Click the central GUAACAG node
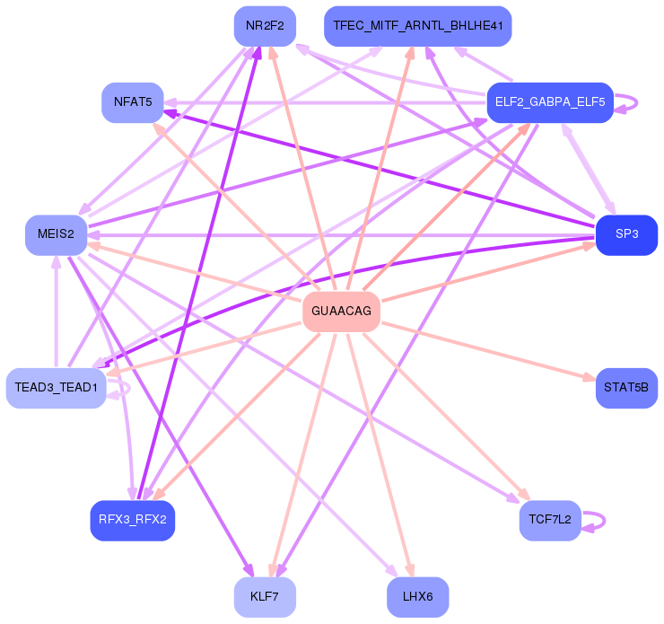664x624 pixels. (x=342, y=312)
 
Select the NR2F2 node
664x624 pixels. (x=265, y=26)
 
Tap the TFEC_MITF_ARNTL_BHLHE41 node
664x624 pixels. (x=417, y=26)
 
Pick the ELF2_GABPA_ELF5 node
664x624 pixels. (x=549, y=102)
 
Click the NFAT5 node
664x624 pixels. (x=132, y=102)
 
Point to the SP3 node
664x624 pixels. (x=626, y=234)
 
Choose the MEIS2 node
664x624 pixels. (x=56, y=234)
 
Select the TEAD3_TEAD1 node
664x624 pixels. (x=57, y=388)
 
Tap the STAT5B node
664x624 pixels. (x=626, y=388)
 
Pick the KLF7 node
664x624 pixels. (x=265, y=597)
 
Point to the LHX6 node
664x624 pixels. (x=417, y=597)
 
